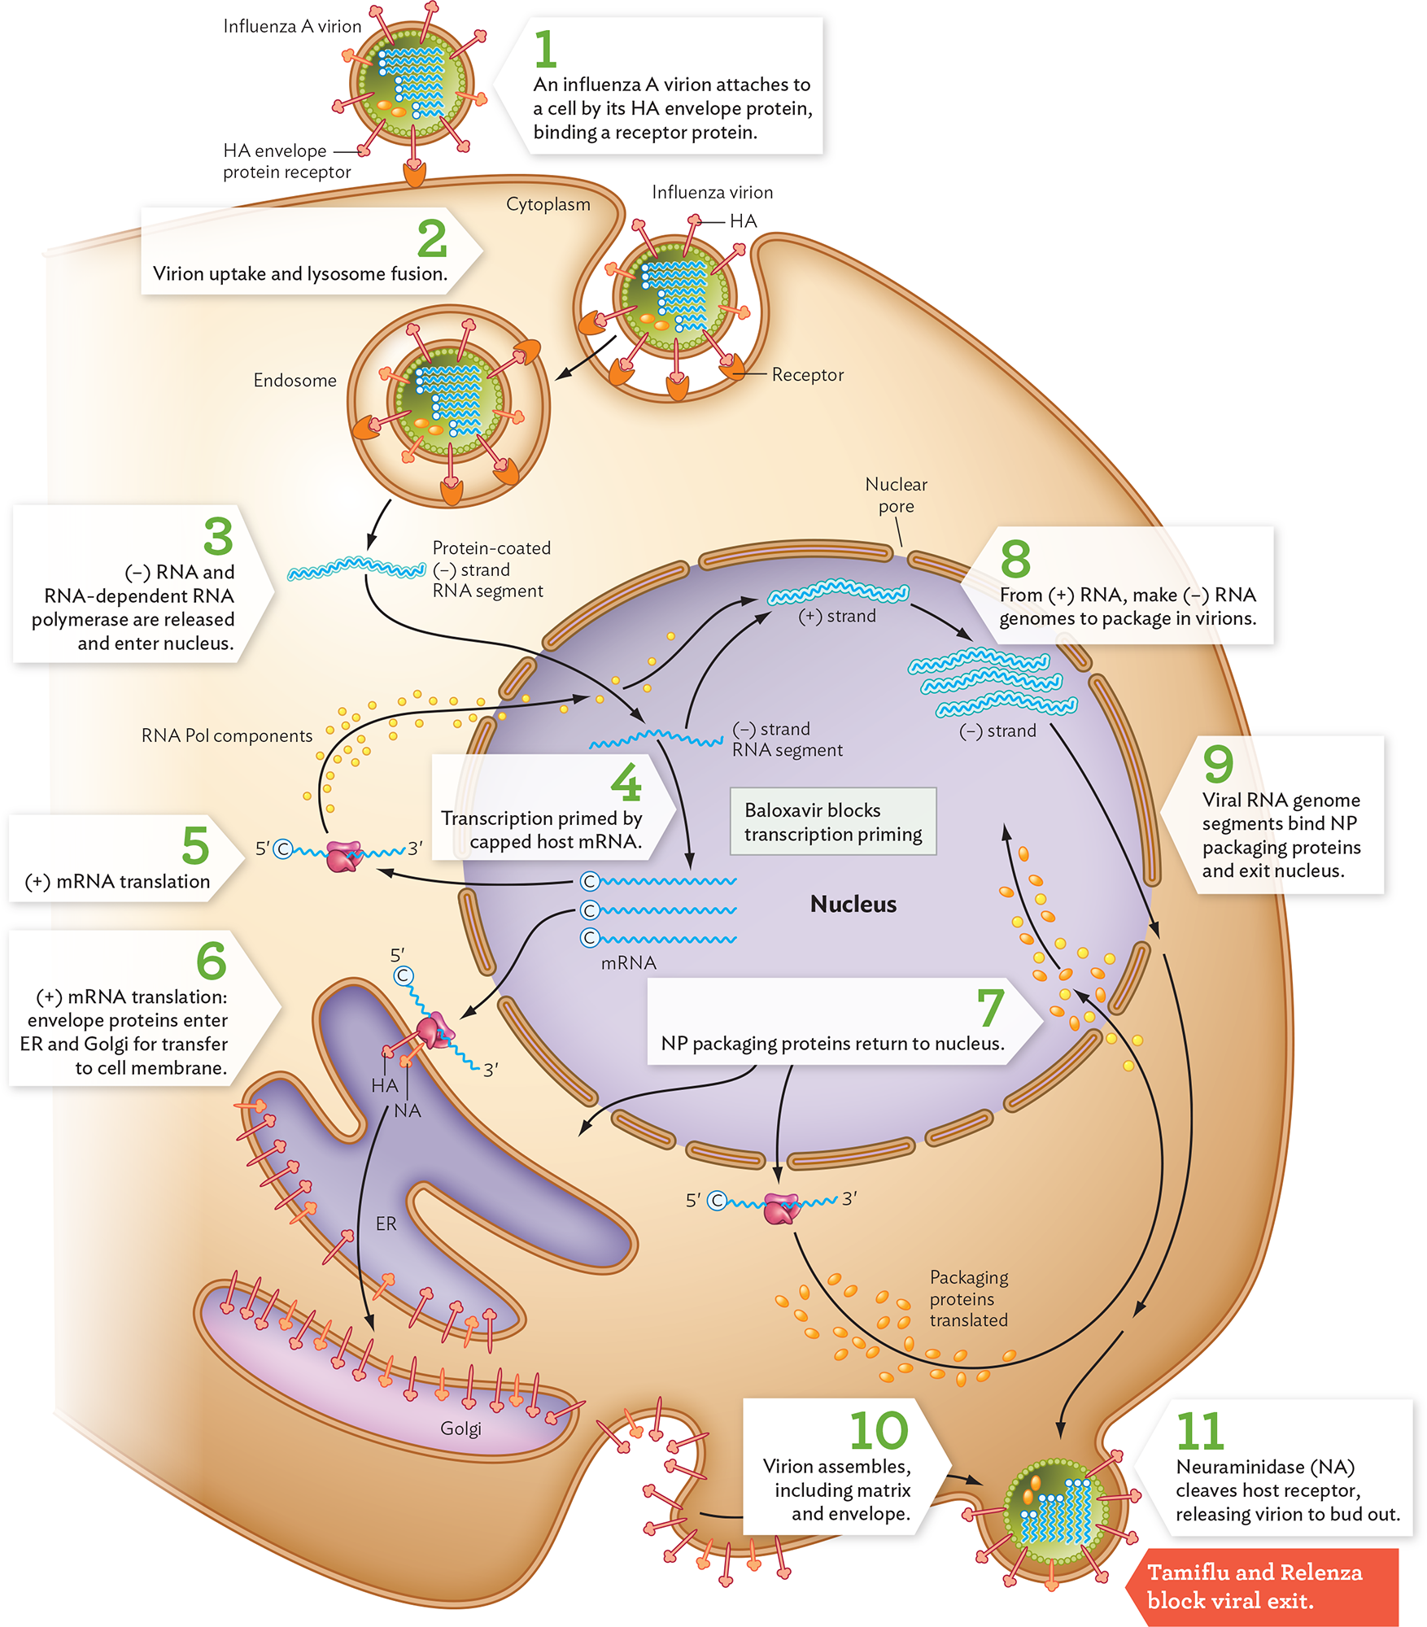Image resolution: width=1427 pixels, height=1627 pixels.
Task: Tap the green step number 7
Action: pyautogui.click(x=990, y=1008)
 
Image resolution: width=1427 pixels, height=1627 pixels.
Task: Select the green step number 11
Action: pyautogui.click(x=1199, y=1432)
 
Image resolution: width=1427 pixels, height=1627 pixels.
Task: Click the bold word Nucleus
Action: pyautogui.click(x=853, y=904)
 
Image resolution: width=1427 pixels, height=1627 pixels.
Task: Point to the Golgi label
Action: pyautogui.click(x=460, y=1429)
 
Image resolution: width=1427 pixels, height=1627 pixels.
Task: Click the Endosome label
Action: pyautogui.click(x=295, y=381)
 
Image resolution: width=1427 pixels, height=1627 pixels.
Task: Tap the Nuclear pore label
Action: pyautogui.click(x=896, y=495)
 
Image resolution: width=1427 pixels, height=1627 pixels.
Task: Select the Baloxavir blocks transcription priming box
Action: pyautogui.click(x=833, y=822)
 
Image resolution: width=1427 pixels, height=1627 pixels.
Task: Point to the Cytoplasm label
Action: pyautogui.click(x=548, y=204)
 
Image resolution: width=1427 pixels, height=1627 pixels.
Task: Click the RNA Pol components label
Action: pyautogui.click(x=226, y=735)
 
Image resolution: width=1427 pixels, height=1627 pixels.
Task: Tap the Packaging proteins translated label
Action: pyautogui.click(x=968, y=1298)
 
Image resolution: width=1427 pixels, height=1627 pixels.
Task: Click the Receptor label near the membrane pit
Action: pyautogui.click(x=807, y=375)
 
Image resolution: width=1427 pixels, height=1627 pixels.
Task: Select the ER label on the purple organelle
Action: pyautogui.click(x=386, y=1224)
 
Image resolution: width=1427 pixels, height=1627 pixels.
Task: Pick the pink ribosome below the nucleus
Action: pyautogui.click(x=782, y=1209)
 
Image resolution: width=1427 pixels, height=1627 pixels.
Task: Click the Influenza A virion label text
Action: pyautogui.click(x=292, y=27)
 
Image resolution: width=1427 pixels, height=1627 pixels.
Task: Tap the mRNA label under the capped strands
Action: pyautogui.click(x=628, y=963)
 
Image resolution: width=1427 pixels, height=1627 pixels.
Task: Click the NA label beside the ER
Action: pyautogui.click(x=407, y=1111)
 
